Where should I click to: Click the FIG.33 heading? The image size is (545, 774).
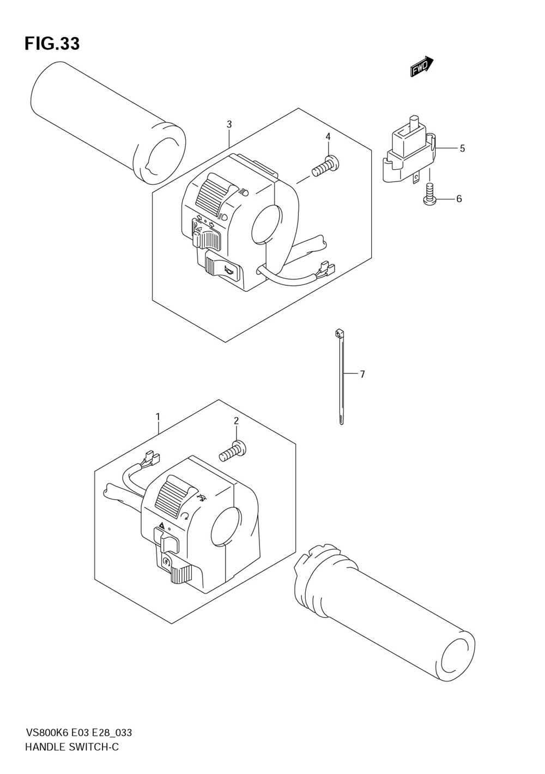[52, 44]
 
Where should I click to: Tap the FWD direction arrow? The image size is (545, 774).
[421, 67]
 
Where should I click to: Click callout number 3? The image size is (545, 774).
[229, 124]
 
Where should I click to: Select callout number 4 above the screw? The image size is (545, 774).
[328, 136]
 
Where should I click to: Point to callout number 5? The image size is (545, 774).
[462, 148]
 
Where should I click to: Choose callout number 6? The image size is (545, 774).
[459, 199]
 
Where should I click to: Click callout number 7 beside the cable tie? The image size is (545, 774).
[362, 374]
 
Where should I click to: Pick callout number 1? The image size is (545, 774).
[158, 417]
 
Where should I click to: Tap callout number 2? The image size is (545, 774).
[236, 421]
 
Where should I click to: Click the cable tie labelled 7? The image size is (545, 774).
[341, 376]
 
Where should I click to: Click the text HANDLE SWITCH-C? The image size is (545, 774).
[72, 747]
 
